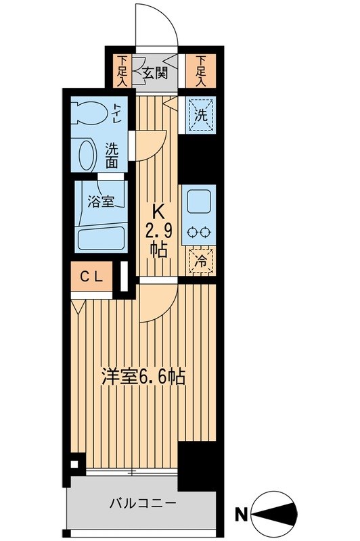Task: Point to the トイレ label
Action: (117, 112)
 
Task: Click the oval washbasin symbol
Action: (87, 154)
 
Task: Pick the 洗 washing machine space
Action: (201, 114)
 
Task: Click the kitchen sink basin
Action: (201, 201)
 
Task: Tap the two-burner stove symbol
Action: (201, 231)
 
